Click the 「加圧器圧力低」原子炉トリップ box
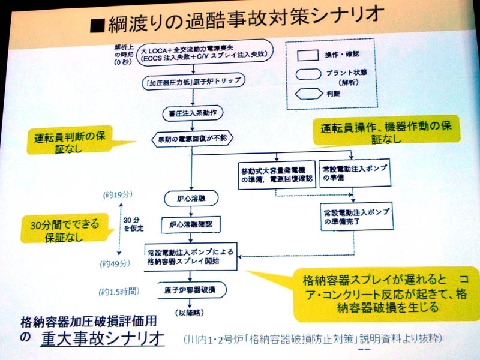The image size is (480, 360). tap(191, 83)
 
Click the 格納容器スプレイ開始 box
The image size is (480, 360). tap(191, 256)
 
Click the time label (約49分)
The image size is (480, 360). tap(116, 263)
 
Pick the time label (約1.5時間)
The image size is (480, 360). tap(118, 292)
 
